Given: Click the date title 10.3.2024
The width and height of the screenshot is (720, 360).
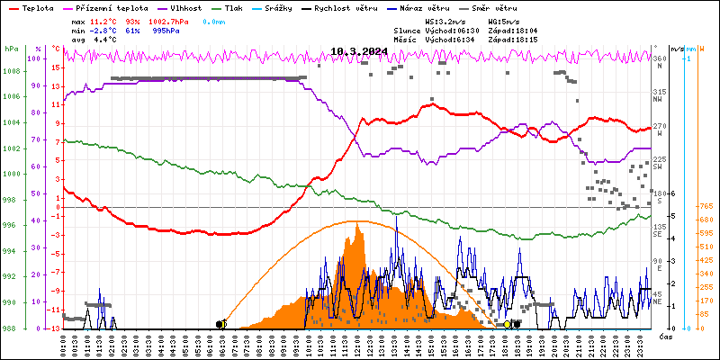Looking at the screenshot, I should pos(359,51).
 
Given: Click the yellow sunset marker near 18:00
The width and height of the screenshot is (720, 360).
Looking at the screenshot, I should pos(508,324).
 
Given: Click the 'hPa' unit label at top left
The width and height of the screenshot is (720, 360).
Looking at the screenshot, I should pos(11,49).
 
